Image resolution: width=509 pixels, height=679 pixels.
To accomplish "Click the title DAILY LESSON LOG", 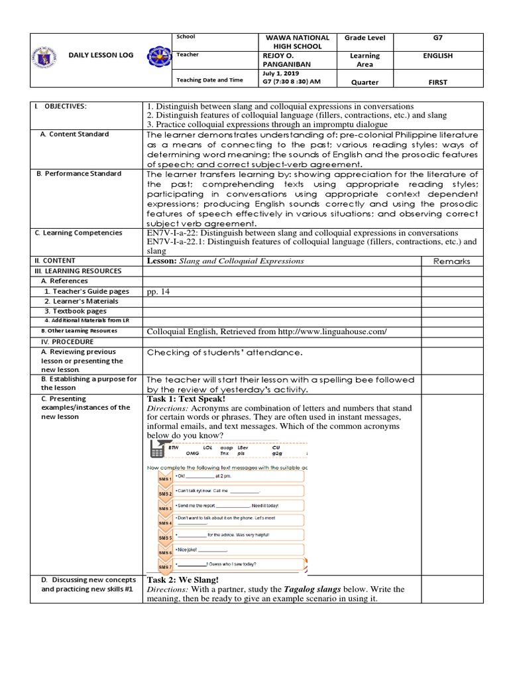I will click(x=97, y=56).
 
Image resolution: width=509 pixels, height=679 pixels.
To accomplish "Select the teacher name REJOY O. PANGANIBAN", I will click(x=290, y=60).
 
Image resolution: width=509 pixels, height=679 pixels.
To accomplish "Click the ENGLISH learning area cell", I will click(x=437, y=56).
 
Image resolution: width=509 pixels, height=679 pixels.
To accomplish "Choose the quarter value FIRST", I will click(x=437, y=82).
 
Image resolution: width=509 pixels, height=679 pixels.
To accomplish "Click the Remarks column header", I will click(x=451, y=261).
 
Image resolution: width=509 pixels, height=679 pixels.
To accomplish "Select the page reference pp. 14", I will click(x=158, y=291).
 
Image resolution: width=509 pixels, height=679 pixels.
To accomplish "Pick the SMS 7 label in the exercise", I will click(x=165, y=568).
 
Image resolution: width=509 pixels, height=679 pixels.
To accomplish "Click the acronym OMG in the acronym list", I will click(x=193, y=454).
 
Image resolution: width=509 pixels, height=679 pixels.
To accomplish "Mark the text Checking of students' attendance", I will click(x=225, y=353).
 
